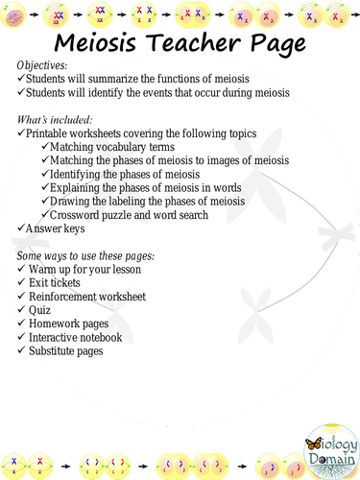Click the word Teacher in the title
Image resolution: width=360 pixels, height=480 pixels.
point(196,42)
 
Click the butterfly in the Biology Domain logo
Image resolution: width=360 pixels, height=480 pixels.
point(311,445)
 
